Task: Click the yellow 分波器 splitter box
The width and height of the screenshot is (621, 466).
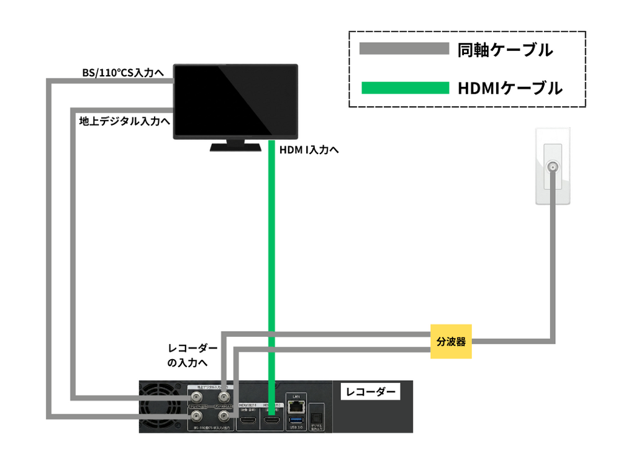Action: click(x=451, y=341)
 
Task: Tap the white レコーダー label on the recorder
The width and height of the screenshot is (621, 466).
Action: click(x=369, y=392)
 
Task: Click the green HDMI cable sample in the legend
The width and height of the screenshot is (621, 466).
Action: click(x=405, y=88)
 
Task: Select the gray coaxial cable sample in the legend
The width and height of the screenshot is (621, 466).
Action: click(x=405, y=48)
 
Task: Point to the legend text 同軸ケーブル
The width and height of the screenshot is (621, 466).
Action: click(x=504, y=49)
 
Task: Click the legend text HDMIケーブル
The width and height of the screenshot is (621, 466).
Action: click(x=509, y=88)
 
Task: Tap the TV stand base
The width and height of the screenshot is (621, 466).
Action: click(x=235, y=147)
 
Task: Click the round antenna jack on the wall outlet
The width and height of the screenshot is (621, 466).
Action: click(x=552, y=167)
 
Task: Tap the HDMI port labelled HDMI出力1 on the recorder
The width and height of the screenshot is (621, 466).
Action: click(x=248, y=421)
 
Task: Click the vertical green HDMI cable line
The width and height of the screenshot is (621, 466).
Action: click(x=271, y=249)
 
